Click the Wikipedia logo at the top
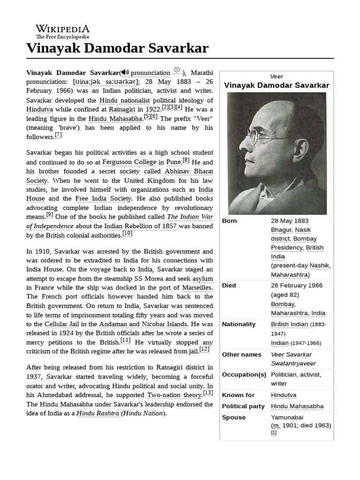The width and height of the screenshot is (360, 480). tap(62, 31)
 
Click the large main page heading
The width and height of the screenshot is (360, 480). tap(117, 48)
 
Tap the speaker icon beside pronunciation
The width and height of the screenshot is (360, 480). tap(125, 73)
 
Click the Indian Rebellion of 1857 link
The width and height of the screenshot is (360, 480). tap(140, 226)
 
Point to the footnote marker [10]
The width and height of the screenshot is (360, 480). tap(127, 233)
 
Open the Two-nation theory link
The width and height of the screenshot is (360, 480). tap(174, 395)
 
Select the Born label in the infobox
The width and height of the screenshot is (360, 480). tap(229, 221)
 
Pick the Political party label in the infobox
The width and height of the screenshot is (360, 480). tap(243, 406)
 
